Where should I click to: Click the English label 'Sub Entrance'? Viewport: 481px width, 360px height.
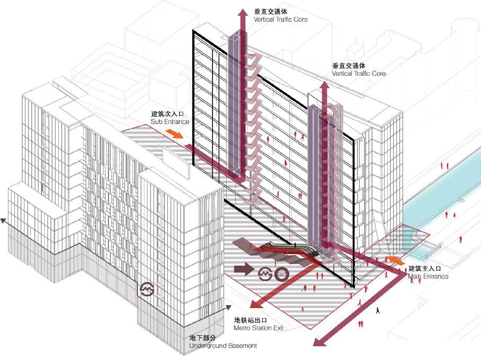click(x=170, y=122)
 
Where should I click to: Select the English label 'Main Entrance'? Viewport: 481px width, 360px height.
click(x=428, y=277)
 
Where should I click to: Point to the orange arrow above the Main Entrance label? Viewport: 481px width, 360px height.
click(x=395, y=260)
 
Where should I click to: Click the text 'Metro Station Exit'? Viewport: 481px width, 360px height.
click(x=259, y=328)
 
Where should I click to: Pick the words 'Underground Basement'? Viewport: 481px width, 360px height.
click(x=223, y=346)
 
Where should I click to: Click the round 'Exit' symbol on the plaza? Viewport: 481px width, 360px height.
click(x=281, y=274)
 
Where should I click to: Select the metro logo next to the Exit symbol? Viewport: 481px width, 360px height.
click(x=265, y=274)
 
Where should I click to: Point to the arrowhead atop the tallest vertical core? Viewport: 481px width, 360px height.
click(x=243, y=13)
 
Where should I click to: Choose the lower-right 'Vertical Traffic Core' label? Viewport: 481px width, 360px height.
click(x=359, y=74)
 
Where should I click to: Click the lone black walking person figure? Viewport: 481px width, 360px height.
click(x=378, y=311)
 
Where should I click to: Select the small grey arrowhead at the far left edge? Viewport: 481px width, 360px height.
click(x=4, y=221)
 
